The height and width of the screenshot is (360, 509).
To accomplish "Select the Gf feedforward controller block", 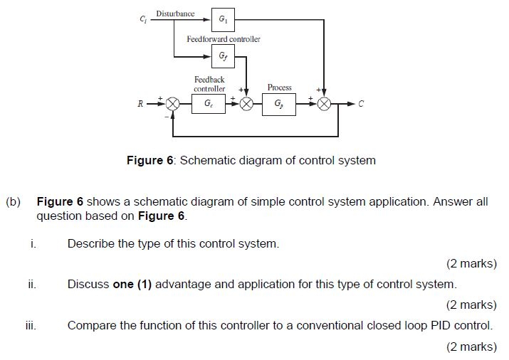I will [223, 55].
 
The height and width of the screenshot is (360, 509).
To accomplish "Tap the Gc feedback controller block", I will [208, 104].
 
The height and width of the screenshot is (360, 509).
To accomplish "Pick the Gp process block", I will [279, 104].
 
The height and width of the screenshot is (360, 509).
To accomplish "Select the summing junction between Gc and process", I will [246, 104].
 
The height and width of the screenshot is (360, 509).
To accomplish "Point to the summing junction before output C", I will [325, 104].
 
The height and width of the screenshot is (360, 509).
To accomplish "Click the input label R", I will [141, 104].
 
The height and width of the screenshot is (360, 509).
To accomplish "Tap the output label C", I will [360, 104].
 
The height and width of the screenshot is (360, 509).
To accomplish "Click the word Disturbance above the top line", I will [175, 14].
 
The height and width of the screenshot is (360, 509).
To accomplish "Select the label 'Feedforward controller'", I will [223, 38].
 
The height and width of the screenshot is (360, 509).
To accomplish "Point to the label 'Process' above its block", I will [279, 87].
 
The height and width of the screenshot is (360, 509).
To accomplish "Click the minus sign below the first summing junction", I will [167, 117].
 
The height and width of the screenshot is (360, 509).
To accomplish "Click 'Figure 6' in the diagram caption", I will [149, 160].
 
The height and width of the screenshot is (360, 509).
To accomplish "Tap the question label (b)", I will [14, 201].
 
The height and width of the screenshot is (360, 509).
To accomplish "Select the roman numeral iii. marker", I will [31, 326].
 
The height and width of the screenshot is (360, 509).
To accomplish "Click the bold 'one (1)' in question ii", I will [132, 284].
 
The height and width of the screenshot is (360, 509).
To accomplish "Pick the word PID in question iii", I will [444, 326].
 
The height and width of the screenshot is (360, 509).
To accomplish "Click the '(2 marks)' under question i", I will [471, 263].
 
